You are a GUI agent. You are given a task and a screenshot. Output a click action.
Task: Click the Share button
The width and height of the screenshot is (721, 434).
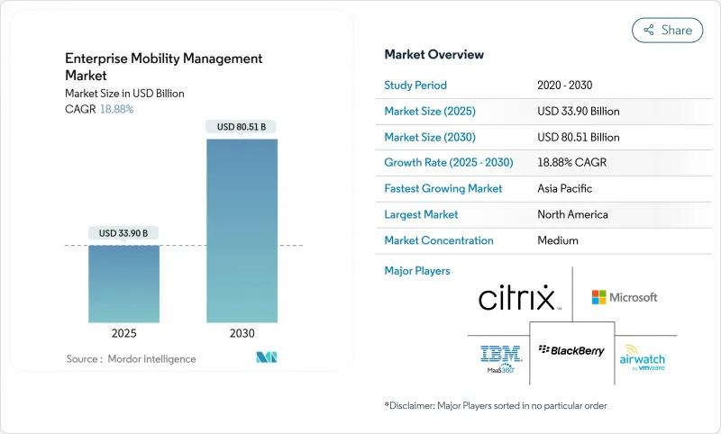pyautogui.click(x=668, y=30)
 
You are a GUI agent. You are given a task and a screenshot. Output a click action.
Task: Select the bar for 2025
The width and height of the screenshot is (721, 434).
pyautogui.click(x=124, y=284)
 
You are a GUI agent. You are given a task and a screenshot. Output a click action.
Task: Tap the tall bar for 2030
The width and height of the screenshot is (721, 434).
pyautogui.click(x=242, y=231)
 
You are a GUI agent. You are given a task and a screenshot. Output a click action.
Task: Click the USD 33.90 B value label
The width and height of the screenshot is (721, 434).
pyautogui.click(x=124, y=233)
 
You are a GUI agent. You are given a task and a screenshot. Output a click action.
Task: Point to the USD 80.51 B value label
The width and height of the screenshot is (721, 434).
pyautogui.click(x=242, y=127)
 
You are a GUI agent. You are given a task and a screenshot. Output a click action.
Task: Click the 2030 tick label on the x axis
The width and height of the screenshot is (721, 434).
pyautogui.click(x=242, y=333)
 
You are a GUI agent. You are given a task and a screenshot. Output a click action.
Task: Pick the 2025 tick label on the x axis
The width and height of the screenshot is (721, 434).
pyautogui.click(x=124, y=333)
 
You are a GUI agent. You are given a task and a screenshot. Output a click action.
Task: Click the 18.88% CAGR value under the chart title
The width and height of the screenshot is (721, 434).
pyautogui.click(x=116, y=108)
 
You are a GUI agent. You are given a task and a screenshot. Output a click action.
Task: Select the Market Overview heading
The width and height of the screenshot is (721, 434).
pyautogui.click(x=434, y=55)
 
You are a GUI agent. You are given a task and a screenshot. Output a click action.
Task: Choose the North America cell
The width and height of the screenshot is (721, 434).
pyautogui.click(x=572, y=214)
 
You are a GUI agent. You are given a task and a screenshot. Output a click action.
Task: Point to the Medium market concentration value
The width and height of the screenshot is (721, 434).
pyautogui.click(x=557, y=240)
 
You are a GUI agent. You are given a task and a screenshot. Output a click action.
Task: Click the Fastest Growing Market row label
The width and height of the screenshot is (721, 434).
pyautogui.click(x=443, y=189)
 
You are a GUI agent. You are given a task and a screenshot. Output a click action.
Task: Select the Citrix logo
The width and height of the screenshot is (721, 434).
pyautogui.click(x=516, y=298)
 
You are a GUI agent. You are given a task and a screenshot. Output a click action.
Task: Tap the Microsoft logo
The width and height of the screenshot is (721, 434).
pyautogui.click(x=625, y=297)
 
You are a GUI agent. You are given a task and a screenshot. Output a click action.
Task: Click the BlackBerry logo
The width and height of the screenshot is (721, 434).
pyautogui.click(x=571, y=350)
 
